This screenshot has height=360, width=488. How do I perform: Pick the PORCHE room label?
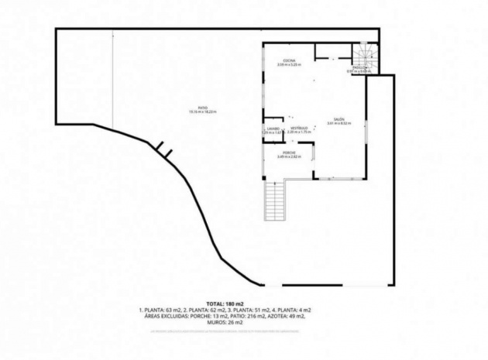pos(289,153)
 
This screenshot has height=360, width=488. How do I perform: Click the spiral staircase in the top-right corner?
pos(366,56)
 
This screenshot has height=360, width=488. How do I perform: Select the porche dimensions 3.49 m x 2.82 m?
pos(289,157)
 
